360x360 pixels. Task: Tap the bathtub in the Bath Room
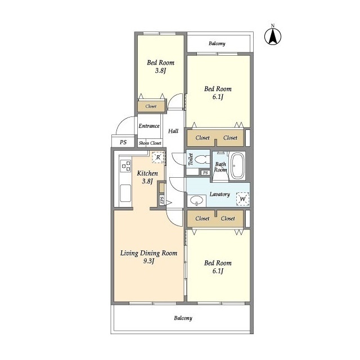[237, 166]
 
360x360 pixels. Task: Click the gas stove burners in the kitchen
[126, 166]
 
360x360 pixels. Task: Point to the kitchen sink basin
[125, 193]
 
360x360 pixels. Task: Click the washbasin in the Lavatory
[197, 200]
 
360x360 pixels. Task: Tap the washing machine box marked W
[242, 199]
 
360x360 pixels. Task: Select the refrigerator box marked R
[158, 157]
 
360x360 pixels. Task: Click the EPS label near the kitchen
[162, 200]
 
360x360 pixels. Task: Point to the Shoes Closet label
[150, 143]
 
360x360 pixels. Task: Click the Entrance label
[149, 126]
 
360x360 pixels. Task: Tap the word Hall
[173, 131]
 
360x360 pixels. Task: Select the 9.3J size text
[148, 261]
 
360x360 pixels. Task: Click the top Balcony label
[217, 43]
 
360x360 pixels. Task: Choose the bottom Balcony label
[183, 318]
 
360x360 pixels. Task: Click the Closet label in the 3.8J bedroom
[151, 106]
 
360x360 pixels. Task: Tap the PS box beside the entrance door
[123, 142]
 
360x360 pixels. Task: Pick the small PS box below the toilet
[205, 173]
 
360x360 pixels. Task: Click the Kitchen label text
[147, 173]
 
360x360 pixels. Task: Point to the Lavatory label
[220, 194]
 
